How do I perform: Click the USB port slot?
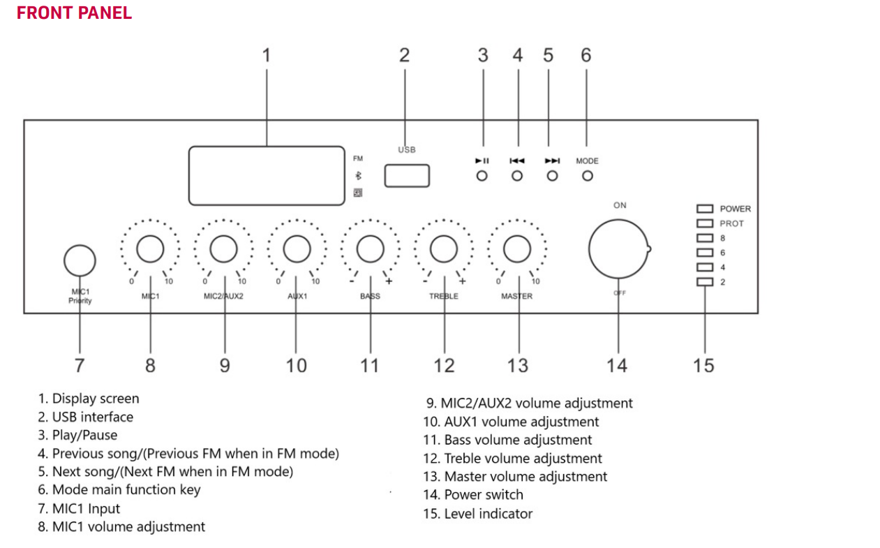pos(407,176)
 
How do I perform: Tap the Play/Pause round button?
pos(482,176)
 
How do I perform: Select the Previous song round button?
pos(517,176)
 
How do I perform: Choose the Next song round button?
pos(552,176)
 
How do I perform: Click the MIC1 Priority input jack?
pos(80,260)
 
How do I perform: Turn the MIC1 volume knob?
pos(150,249)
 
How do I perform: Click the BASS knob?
pos(370,249)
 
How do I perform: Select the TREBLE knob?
pos(443,249)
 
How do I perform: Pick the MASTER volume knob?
pos(517,249)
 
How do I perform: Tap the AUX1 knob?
pos(297,249)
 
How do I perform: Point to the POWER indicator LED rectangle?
pos(705,209)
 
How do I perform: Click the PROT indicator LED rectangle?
pos(705,223)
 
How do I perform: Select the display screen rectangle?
pos(267,175)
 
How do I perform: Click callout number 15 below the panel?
pos(703,365)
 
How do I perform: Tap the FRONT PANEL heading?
pos(74,13)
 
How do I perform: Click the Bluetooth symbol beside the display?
pos(358,176)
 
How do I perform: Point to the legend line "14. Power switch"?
pos(472,495)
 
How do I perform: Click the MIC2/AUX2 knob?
pos(223,249)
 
